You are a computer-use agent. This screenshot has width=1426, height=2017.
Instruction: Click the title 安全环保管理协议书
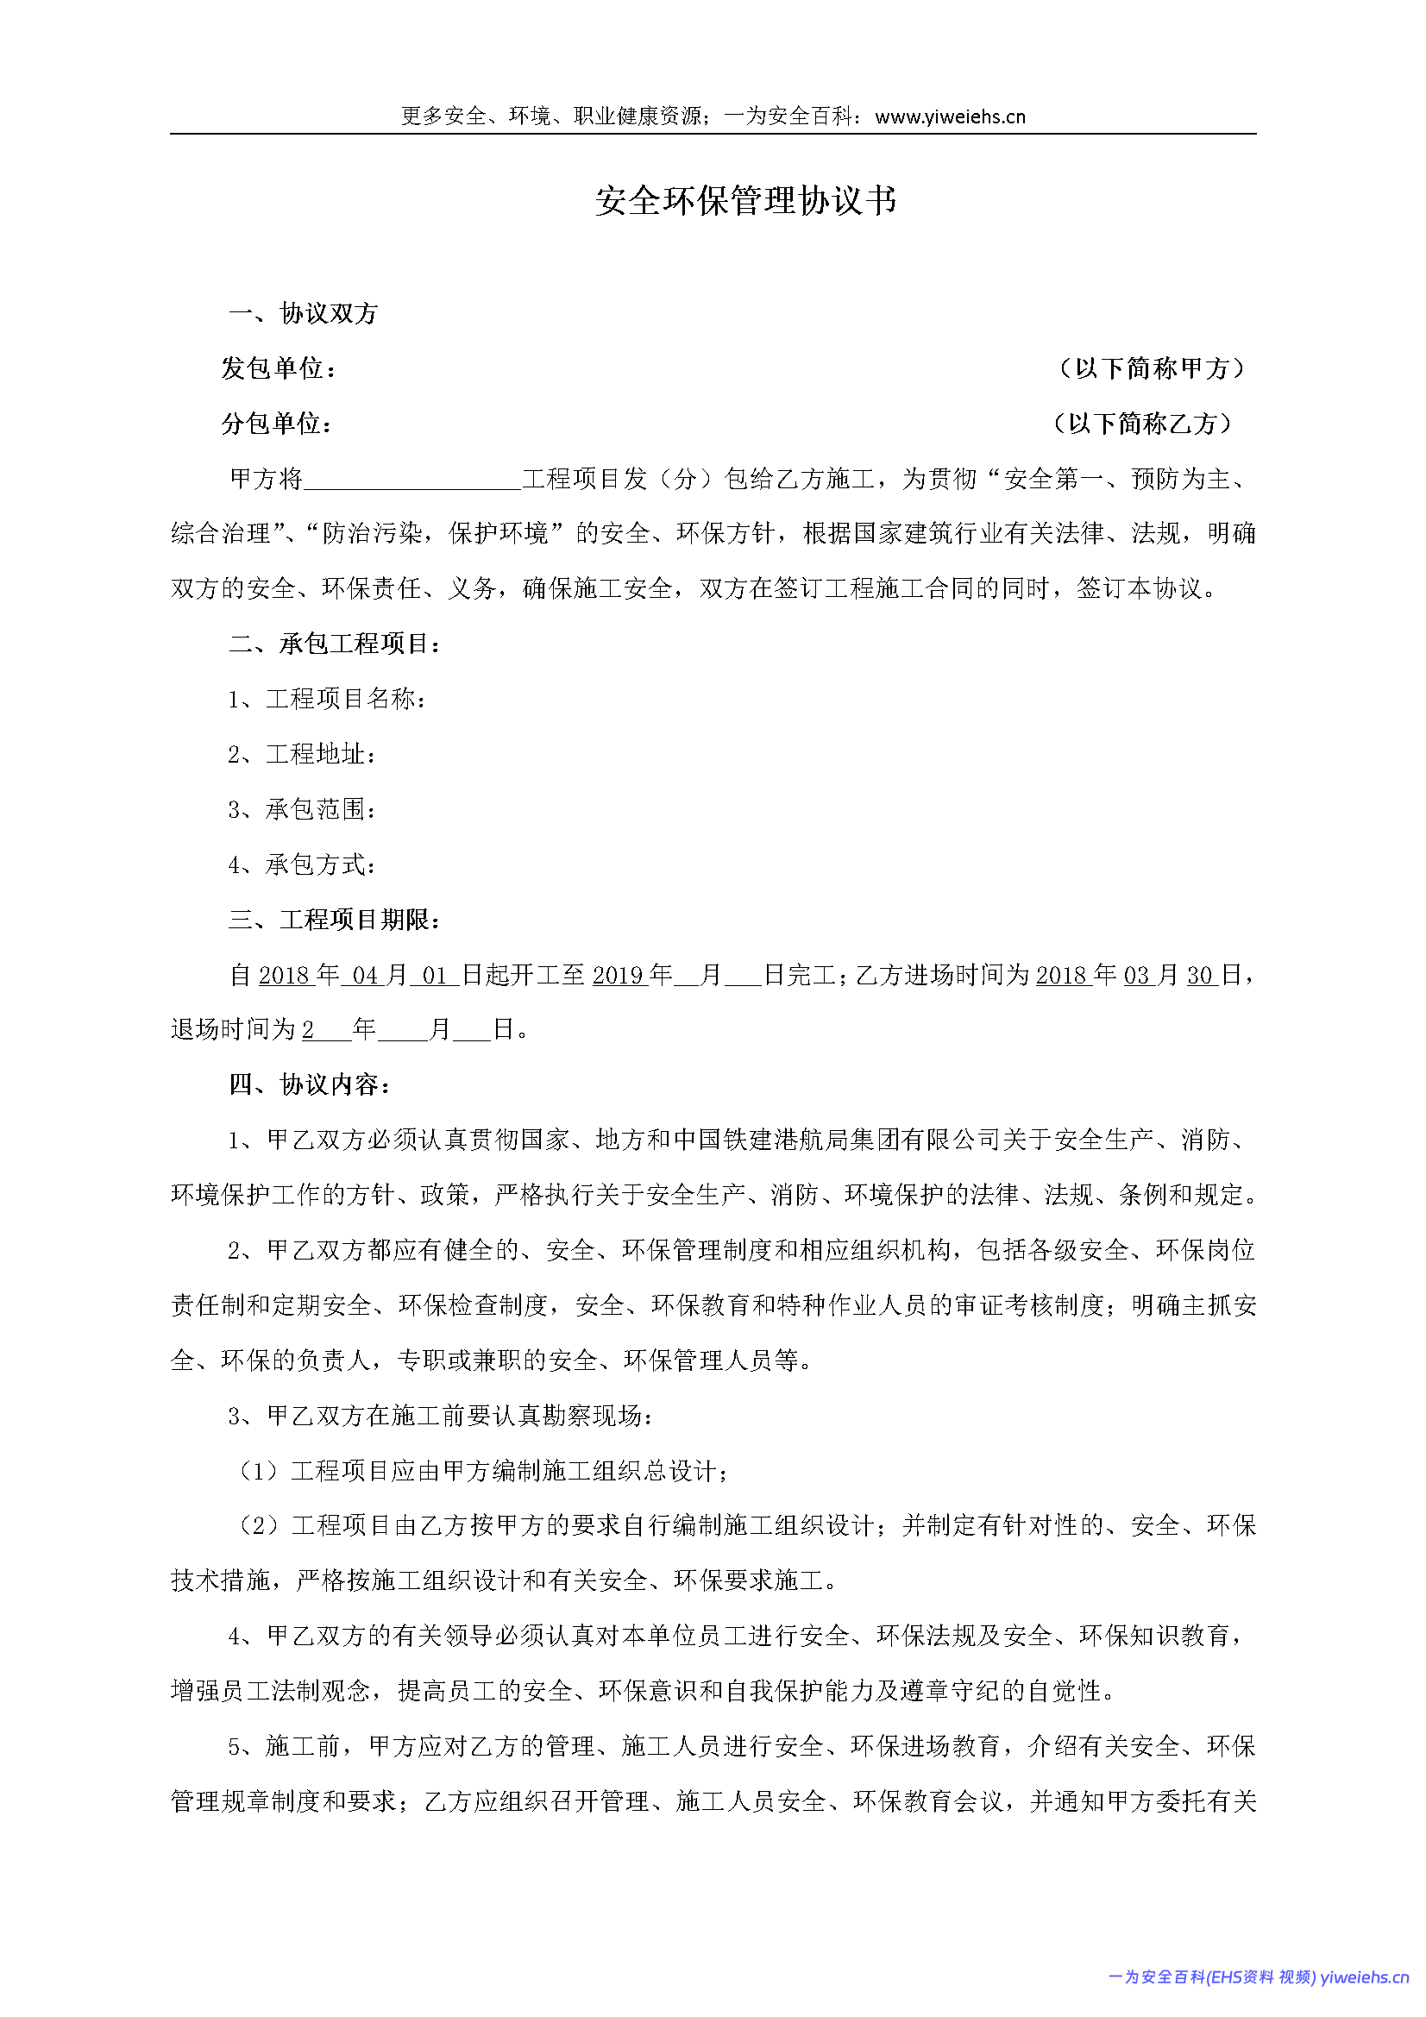pos(745,201)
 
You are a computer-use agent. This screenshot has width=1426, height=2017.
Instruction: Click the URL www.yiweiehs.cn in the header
pos(950,116)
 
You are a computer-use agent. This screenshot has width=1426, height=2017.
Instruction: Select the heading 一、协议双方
pos(303,314)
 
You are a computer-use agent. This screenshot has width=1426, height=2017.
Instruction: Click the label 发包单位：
pos(279,369)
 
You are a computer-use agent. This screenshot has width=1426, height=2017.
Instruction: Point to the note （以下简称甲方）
pos(1151,369)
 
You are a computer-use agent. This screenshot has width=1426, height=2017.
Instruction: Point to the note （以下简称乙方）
pos(1141,424)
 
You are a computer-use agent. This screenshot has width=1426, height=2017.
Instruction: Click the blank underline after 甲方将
pos(412,481)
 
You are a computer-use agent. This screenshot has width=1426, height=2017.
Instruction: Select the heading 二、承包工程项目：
pos(335,644)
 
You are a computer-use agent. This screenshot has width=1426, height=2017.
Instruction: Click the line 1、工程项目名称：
pos(328,700)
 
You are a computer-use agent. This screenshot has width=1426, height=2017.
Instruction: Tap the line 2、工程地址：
pos(302,755)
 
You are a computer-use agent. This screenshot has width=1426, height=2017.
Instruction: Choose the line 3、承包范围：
pos(302,810)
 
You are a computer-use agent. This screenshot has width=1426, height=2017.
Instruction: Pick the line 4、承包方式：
pos(302,865)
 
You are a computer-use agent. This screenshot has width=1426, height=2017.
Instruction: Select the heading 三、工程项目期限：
pos(335,920)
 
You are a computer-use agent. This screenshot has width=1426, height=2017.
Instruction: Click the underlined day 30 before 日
pos(1200,975)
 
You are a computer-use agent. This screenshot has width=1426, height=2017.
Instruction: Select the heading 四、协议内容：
pos(311,1085)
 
